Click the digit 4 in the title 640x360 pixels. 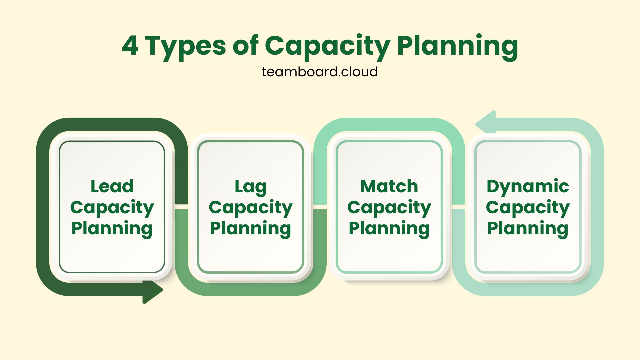click(130, 46)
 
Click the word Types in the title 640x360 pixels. click(186, 47)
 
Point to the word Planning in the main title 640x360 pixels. click(457, 47)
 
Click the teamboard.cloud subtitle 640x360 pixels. click(320, 72)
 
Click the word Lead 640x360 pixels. click(112, 186)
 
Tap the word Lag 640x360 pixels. click(251, 187)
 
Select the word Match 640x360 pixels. click(389, 186)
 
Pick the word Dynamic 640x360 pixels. click(528, 187)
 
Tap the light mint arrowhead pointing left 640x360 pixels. click(486, 122)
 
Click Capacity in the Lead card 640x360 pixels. click(112, 208)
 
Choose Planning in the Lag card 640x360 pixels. click(251, 229)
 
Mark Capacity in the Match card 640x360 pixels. click(389, 208)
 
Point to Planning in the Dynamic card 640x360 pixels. click(528, 229)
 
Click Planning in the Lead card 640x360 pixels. click(112, 229)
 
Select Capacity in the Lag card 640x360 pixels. click(251, 208)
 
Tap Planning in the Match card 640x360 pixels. click(389, 229)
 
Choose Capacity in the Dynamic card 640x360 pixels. click(528, 208)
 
